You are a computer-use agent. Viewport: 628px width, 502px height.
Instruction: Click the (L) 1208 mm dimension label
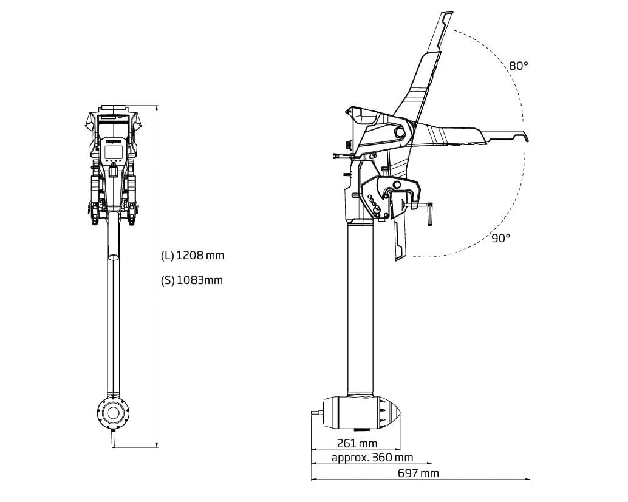tap(193, 255)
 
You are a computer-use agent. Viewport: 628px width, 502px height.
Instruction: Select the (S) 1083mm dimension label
tap(191, 280)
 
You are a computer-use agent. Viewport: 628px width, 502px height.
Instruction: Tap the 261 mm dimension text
tap(357, 444)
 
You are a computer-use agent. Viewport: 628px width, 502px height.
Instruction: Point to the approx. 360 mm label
tap(372, 458)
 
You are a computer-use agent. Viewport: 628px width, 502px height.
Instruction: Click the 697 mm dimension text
tap(418, 473)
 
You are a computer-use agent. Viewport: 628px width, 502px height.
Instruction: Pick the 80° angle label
tap(519, 66)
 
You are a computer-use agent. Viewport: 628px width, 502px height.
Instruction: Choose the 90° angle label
tap(501, 238)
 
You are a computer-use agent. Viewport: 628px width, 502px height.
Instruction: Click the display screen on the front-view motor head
tap(114, 152)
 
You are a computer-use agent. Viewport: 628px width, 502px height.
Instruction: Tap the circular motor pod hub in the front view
tap(114, 412)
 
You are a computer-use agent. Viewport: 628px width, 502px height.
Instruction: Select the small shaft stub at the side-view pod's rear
tap(317, 412)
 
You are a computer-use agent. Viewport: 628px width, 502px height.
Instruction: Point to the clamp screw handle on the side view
tap(430, 214)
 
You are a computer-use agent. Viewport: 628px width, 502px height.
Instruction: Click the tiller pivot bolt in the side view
tap(399, 132)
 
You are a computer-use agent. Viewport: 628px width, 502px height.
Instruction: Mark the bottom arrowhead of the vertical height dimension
tap(157, 445)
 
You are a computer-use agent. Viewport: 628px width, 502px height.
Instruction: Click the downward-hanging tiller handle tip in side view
tap(399, 259)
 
